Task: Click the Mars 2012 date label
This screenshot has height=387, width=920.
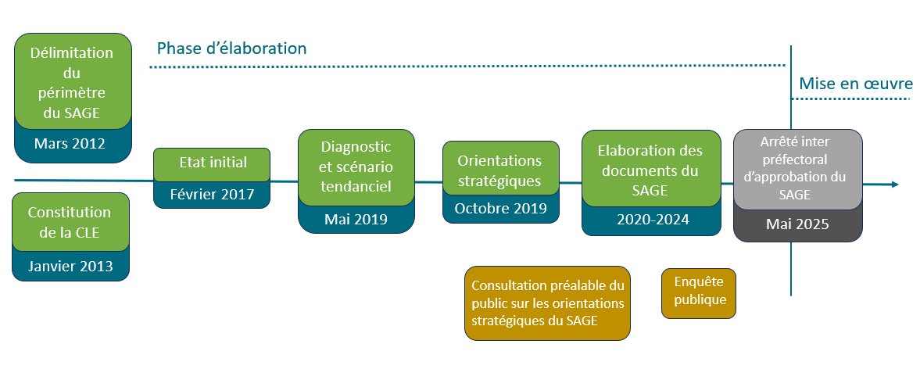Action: click(x=70, y=144)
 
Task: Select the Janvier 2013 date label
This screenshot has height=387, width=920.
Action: click(x=70, y=266)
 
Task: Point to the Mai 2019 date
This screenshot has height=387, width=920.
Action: click(x=356, y=219)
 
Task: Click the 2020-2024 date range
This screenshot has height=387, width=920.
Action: click(x=653, y=220)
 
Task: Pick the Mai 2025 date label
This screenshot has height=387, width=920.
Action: click(x=797, y=224)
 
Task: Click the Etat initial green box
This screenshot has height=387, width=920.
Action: click(x=212, y=163)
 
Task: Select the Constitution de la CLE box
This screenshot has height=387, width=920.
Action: click(x=70, y=222)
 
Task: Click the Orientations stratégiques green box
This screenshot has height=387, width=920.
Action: click(x=500, y=170)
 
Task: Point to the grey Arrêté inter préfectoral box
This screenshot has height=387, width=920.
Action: click(x=797, y=169)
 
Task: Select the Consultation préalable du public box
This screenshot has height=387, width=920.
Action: click(x=547, y=303)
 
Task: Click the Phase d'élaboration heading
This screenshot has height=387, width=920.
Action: click(x=231, y=48)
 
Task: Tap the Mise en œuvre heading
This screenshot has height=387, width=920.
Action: click(x=855, y=84)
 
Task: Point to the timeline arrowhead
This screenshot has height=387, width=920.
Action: click(x=894, y=185)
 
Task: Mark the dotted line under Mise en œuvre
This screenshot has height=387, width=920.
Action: click(x=852, y=100)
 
